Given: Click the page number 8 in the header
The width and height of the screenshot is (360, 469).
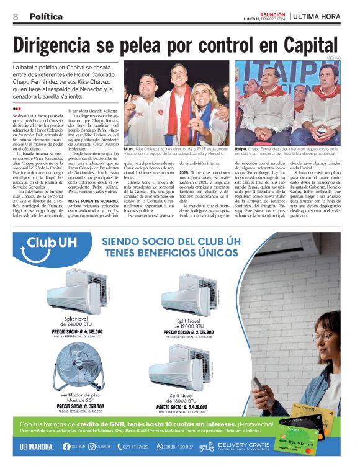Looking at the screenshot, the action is [16, 17].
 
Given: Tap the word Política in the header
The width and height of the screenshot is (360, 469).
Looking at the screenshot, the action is [45, 17].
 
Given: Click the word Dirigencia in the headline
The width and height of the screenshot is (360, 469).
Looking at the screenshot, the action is [69, 45].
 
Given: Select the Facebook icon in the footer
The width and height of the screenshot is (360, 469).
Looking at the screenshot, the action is [66, 447].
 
